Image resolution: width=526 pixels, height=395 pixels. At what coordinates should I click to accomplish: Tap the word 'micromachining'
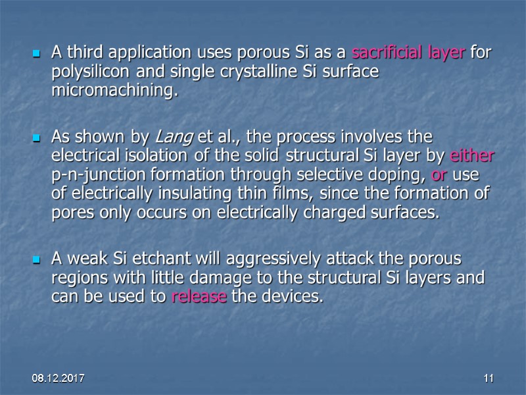click(x=113, y=91)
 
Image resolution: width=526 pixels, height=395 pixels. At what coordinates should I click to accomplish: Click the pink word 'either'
click(x=472, y=157)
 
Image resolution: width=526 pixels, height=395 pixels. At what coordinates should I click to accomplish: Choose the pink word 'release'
click(x=199, y=296)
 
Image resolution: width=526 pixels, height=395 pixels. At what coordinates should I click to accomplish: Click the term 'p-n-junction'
click(x=97, y=175)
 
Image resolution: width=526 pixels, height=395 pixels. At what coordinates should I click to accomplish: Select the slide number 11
click(x=488, y=379)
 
